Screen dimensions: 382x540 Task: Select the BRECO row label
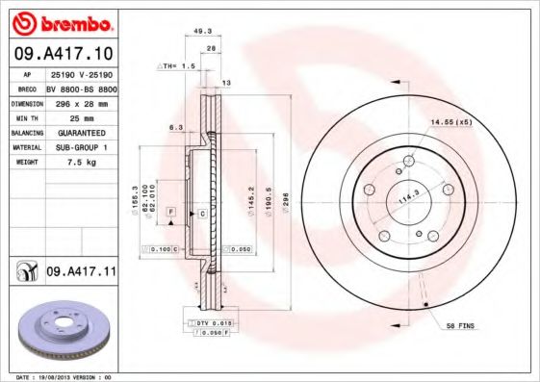pyautogui.click(x=26, y=87)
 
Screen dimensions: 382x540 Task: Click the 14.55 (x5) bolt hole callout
pyautogui.click(x=450, y=122)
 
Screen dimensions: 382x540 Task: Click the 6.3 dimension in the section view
pyautogui.click(x=175, y=127)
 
